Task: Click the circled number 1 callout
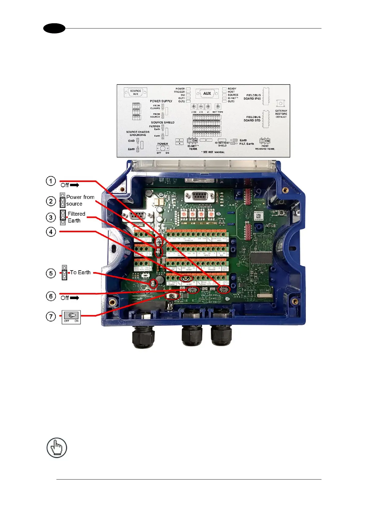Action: point(51,181)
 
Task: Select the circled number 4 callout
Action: point(51,232)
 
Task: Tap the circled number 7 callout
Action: point(51,317)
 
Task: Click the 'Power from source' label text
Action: point(80,200)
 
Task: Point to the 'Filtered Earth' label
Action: point(76,217)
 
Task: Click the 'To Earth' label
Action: point(80,272)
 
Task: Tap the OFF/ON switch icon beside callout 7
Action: point(71,317)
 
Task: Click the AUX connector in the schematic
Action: point(207,93)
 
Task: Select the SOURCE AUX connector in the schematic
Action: point(135,92)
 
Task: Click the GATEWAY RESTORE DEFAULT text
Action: point(281,114)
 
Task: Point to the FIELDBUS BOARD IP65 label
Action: point(252,97)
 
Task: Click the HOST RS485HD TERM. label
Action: point(265,147)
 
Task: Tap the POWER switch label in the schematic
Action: point(162,144)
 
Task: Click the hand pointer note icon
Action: point(57,448)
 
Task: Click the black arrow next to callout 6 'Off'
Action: point(74,298)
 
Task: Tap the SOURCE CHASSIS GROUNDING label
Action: point(138,133)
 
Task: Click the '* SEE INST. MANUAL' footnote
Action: point(213,152)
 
